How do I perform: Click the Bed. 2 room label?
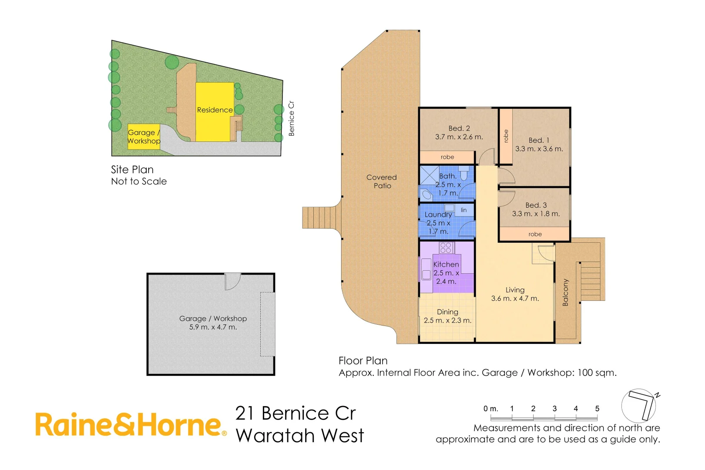coord(459,128)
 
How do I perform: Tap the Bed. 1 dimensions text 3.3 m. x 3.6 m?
coord(539,149)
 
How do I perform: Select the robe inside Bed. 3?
coord(535,234)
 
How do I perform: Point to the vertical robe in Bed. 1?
coord(506,136)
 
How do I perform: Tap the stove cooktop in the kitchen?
coord(446,248)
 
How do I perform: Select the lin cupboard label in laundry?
coord(463,210)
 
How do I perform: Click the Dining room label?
coord(447,312)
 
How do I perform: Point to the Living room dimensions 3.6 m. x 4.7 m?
coord(515,299)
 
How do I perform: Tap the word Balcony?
coord(565,292)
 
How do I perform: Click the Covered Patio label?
coord(382,181)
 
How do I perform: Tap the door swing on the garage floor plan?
coord(232,281)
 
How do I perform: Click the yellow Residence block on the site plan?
coord(214,110)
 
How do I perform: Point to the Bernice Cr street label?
coord(291,118)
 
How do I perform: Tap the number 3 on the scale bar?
coord(554,409)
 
